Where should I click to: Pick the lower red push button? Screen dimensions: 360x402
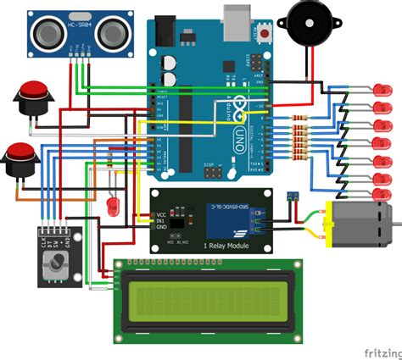pyautogui.click(x=20, y=158)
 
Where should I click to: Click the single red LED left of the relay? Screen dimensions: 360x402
pyautogui.click(x=110, y=204)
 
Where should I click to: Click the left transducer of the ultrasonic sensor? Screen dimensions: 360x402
pyautogui.click(x=46, y=32)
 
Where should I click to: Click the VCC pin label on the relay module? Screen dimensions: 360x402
pyautogui.click(x=160, y=214)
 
